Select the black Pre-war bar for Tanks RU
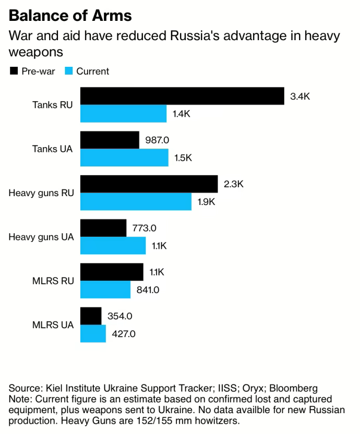[x=182, y=96]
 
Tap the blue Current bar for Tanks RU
[x=123, y=114]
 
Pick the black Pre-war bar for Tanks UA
[x=110, y=140]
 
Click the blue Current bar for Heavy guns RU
[x=136, y=201]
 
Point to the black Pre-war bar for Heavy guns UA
[x=103, y=228]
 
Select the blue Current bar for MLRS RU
[x=105, y=290]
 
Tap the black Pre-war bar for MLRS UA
[x=91, y=316]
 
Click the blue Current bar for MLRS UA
[x=93, y=334]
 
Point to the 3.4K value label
[x=300, y=96]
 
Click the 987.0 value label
[x=158, y=140]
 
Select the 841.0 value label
[x=148, y=290]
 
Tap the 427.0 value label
[x=124, y=334]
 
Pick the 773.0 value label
[x=145, y=228]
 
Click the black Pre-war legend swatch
[x=14, y=71]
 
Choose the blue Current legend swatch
[x=68, y=71]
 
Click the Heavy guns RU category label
[x=41, y=193]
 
